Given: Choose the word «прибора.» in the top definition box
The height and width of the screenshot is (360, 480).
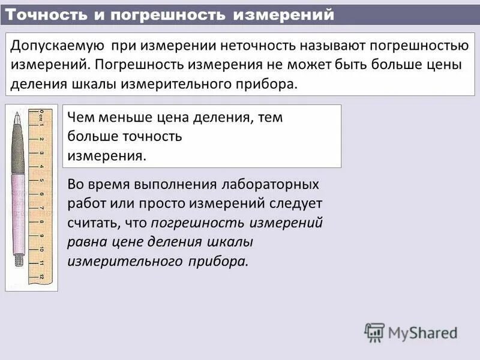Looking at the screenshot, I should [269, 83].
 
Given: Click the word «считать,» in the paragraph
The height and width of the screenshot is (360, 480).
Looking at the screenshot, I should [94, 223].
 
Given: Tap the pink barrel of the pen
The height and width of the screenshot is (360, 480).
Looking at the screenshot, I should [18, 210].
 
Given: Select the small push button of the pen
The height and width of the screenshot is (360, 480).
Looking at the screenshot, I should [19, 260].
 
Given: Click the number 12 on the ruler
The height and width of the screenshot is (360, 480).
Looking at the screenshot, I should [41, 277].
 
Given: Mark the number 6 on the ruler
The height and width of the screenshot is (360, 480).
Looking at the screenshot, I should [41, 194].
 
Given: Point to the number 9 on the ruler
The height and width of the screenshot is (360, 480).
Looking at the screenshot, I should [41, 236].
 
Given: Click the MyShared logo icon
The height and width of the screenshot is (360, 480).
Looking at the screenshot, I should [374, 332].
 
